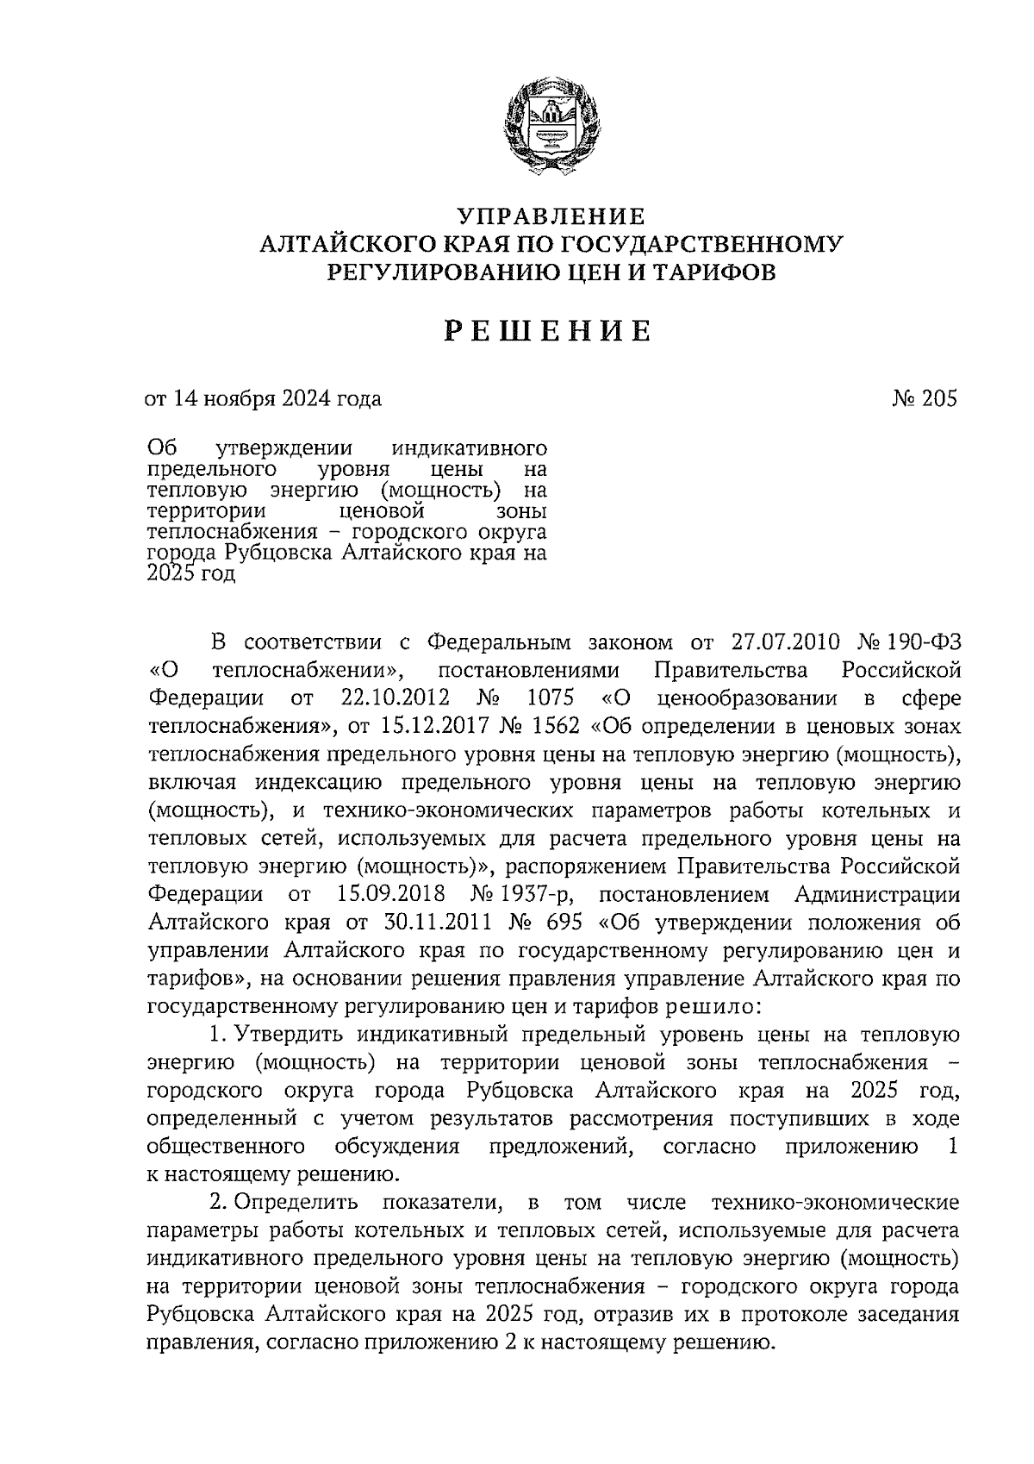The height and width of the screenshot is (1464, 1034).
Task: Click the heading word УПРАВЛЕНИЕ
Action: coord(551,215)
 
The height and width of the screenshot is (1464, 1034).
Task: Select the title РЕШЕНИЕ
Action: coord(549,330)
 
